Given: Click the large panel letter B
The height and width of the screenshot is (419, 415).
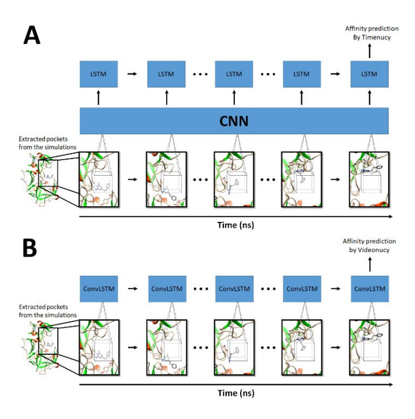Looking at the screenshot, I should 31,247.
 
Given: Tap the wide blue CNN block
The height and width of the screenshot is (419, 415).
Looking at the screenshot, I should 234,122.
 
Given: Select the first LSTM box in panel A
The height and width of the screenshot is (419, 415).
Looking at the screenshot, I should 99,74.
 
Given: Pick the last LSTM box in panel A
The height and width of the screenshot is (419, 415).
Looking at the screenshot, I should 369,74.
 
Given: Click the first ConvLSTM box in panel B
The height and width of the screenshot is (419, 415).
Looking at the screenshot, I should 99,288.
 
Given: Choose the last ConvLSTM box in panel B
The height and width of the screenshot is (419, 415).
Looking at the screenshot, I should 369,288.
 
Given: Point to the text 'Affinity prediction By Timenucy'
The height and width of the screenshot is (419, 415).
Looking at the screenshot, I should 368,32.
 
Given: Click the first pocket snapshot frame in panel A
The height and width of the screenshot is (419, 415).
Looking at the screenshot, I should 99,179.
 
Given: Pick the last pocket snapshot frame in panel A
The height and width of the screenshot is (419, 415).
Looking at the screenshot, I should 369,179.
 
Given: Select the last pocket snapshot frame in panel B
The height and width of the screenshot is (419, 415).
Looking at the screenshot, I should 369,347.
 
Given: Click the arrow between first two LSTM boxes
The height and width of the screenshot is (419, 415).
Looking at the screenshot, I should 132,74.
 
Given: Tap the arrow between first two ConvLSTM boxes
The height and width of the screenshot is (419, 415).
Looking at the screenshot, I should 132,288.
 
